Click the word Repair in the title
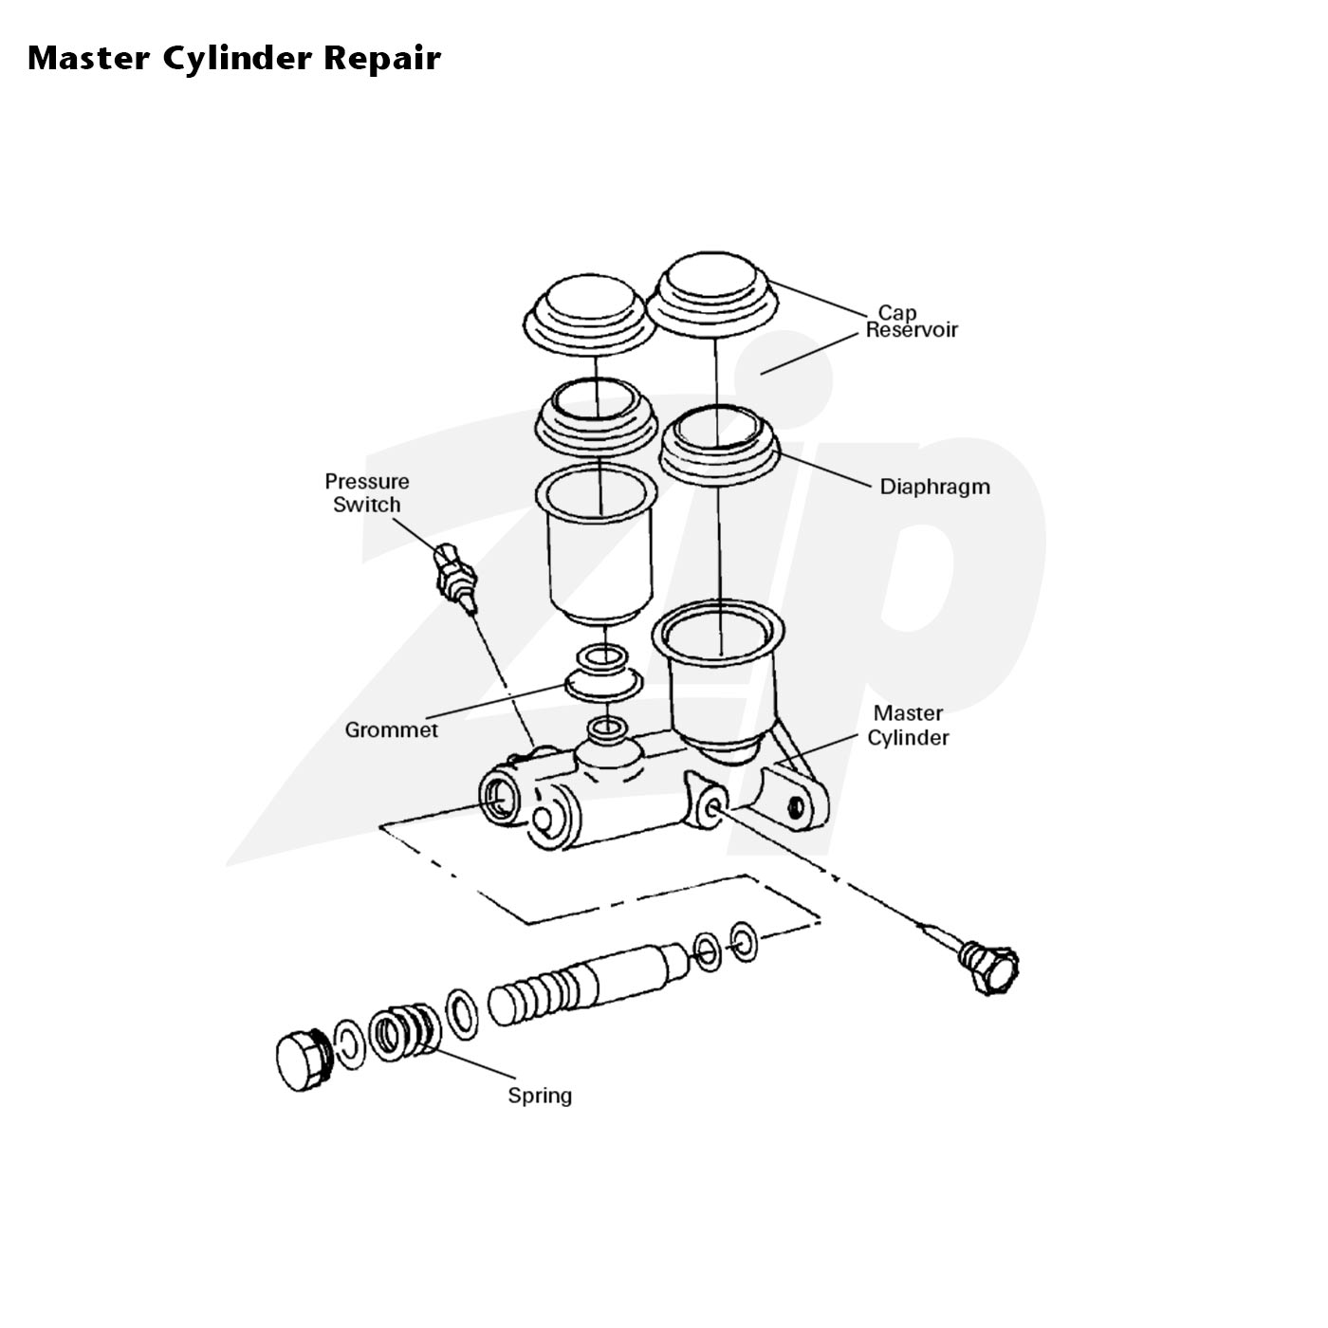tap(381, 59)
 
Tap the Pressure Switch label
tap(367, 492)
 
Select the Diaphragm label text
tap(934, 487)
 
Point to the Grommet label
tap(391, 729)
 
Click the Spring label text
tap(540, 1096)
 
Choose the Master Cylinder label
tap(908, 725)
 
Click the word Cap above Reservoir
tap(896, 313)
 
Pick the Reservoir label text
tap(911, 331)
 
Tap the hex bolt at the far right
tap(990, 967)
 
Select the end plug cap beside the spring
tap(304, 1061)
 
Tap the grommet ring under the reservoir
tap(603, 683)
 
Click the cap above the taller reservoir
tap(589, 316)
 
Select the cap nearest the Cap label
tap(712, 297)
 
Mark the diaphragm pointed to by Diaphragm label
tap(719, 448)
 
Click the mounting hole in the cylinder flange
tap(796, 805)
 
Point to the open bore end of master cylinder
tap(499, 798)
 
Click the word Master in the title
tap(88, 59)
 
